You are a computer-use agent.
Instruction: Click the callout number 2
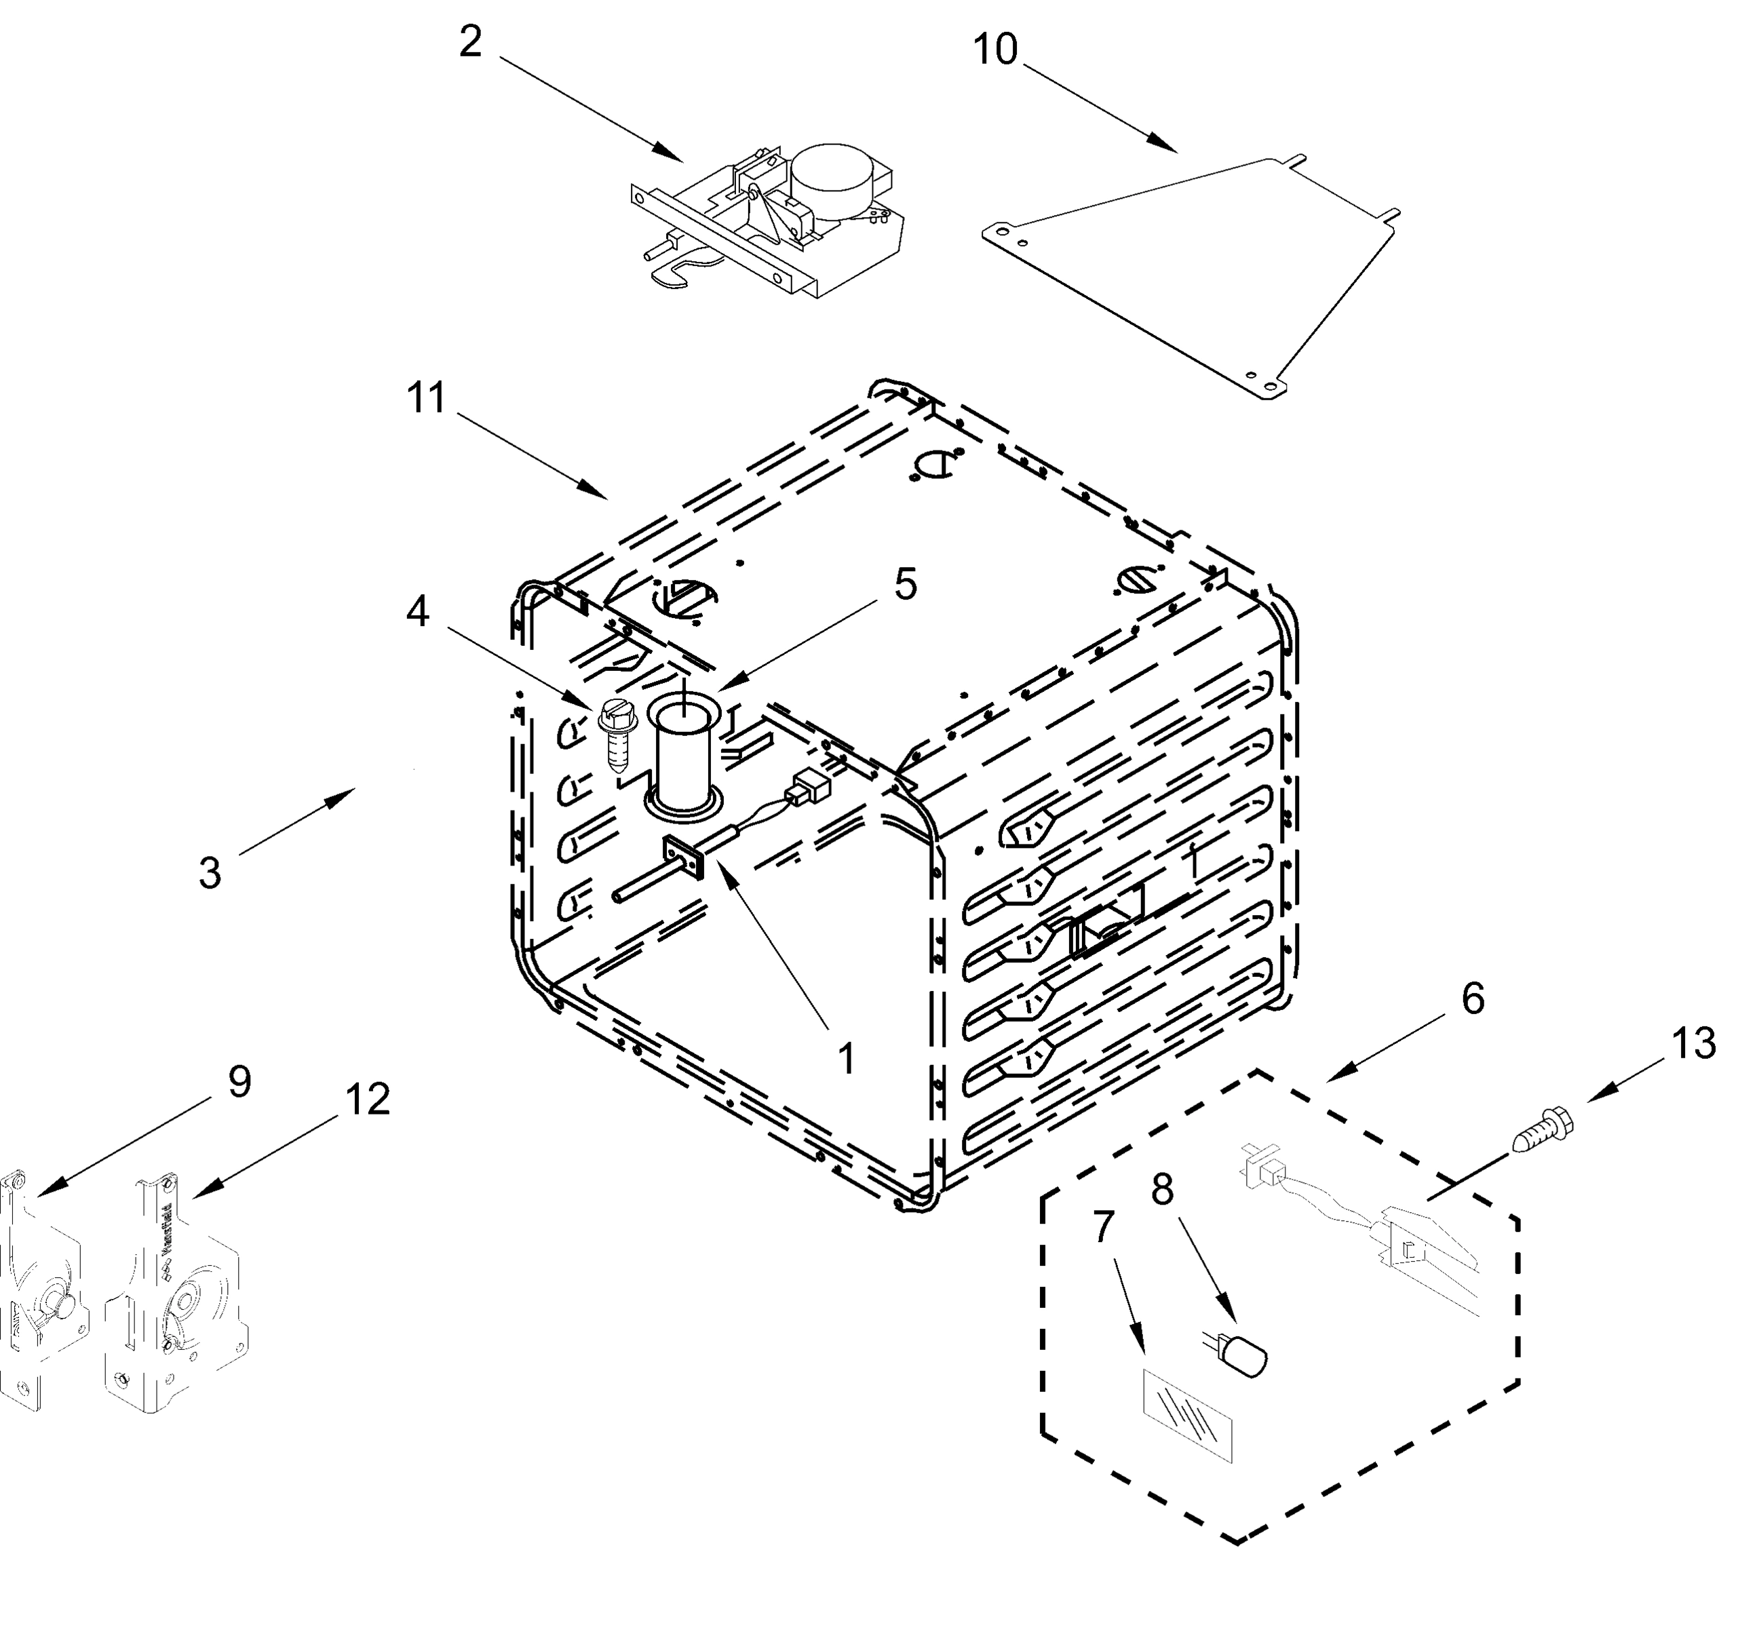click(x=471, y=42)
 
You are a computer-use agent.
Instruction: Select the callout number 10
click(x=995, y=50)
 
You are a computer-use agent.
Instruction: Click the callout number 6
click(x=1473, y=999)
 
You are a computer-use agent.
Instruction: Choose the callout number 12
click(x=367, y=1100)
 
